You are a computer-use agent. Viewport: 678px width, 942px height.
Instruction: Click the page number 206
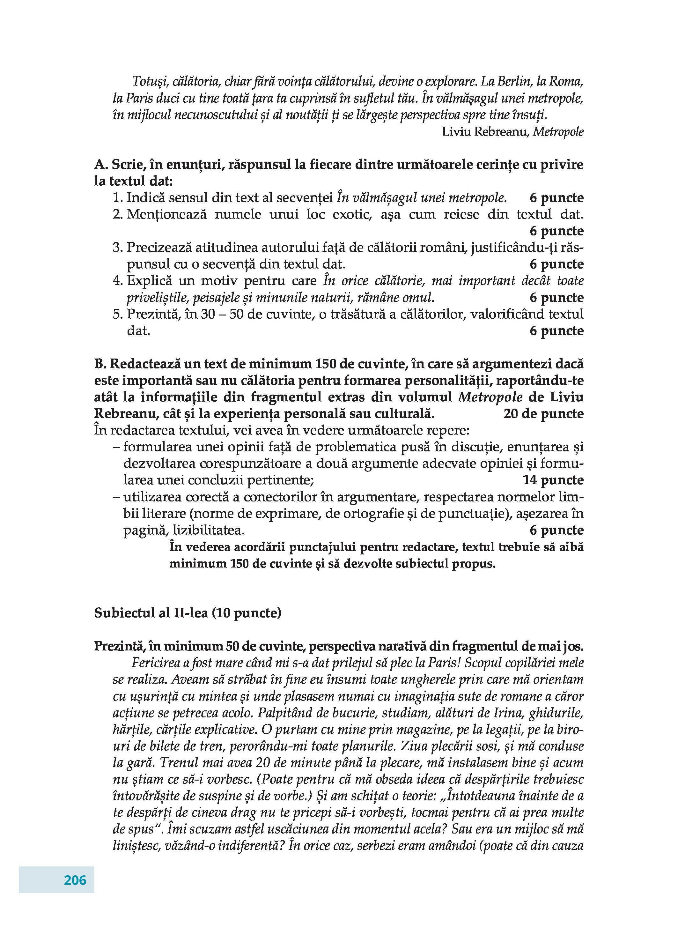[x=75, y=880]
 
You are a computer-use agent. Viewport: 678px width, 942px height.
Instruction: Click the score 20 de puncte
[x=543, y=414]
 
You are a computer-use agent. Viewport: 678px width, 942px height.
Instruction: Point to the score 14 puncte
[x=553, y=480]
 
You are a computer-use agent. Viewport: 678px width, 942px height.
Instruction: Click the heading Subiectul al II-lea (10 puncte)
[x=188, y=613]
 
